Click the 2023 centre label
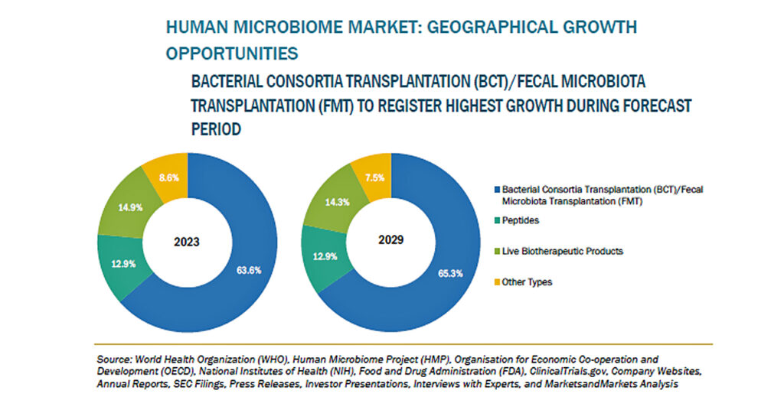[x=187, y=242]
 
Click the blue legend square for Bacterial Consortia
[x=495, y=188]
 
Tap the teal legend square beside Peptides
[x=495, y=222]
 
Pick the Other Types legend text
[x=527, y=281]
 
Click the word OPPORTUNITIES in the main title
[x=232, y=54]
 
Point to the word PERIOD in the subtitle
[x=216, y=129]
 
